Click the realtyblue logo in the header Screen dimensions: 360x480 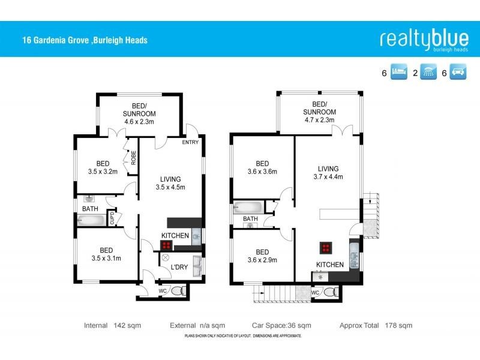424,39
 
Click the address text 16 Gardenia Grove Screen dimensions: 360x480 83,41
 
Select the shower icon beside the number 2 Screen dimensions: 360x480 428,74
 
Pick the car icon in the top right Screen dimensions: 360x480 459,74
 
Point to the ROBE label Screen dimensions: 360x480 133,157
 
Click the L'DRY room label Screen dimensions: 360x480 181,266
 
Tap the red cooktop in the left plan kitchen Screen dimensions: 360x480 166,245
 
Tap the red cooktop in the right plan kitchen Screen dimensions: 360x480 326,248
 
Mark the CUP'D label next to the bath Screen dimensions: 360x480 112,218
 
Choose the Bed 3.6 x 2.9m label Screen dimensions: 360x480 262,256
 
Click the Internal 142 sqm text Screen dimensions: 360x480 106,325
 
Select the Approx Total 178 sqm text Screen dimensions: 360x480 376,325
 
